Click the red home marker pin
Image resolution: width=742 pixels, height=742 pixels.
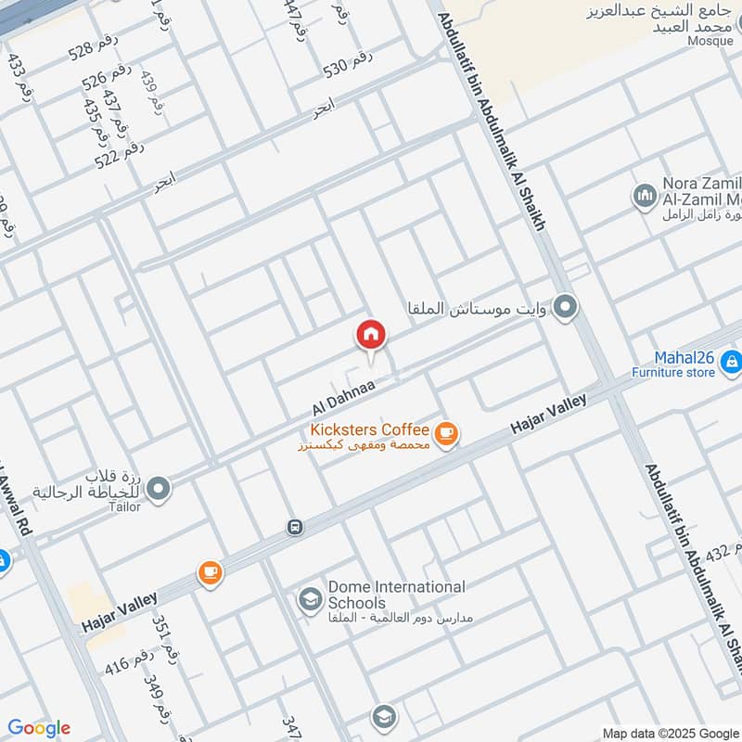coord(370,335)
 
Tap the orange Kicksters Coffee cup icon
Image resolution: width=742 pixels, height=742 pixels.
coord(446,433)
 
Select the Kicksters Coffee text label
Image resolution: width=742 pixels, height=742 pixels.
coord(370,429)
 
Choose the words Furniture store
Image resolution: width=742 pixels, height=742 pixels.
coord(673,373)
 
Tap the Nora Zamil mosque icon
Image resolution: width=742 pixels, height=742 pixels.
coord(645,195)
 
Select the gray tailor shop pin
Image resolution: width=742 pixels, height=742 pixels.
coord(159,486)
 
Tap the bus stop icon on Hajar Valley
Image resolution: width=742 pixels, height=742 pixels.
coord(295,527)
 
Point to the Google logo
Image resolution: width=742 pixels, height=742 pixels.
coord(39,728)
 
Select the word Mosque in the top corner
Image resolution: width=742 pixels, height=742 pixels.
coord(710,41)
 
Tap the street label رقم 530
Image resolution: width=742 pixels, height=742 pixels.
coord(348,63)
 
